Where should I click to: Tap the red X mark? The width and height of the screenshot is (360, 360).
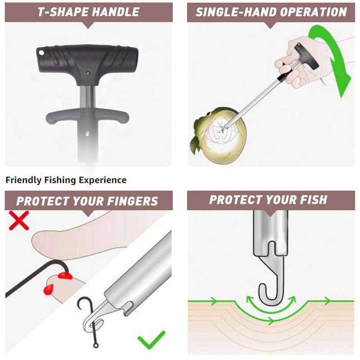pos(18,220)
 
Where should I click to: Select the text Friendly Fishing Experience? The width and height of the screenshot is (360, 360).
pos(66,180)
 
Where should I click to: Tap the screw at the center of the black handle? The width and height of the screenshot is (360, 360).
pos(88,72)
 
